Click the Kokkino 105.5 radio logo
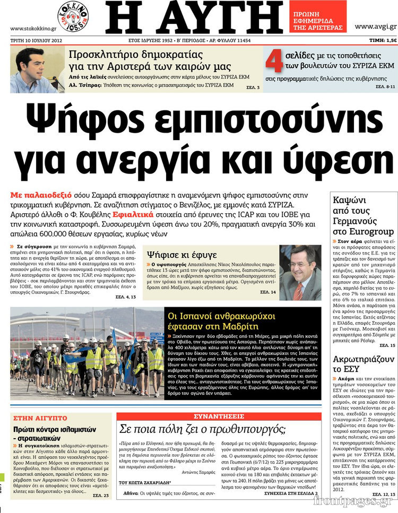[x=73, y=15]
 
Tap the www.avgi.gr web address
[x=375, y=26]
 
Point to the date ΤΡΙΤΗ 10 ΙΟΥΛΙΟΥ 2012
[x=36, y=40]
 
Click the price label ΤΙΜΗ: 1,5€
[x=383, y=40]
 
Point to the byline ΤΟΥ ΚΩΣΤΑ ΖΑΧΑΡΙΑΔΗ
[x=145, y=483]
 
